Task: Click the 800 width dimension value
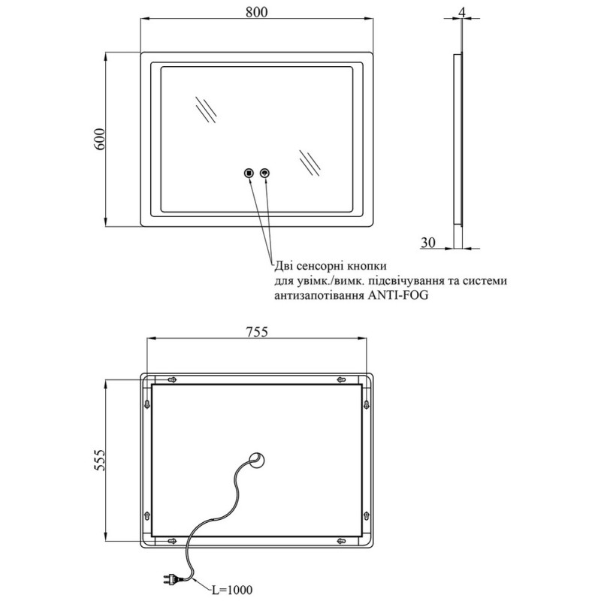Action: (257, 11)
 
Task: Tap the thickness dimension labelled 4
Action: (464, 11)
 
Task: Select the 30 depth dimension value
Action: (428, 241)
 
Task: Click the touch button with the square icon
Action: (249, 174)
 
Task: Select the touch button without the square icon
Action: (264, 174)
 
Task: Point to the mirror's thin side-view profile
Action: (458, 139)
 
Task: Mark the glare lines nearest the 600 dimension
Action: (205, 109)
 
